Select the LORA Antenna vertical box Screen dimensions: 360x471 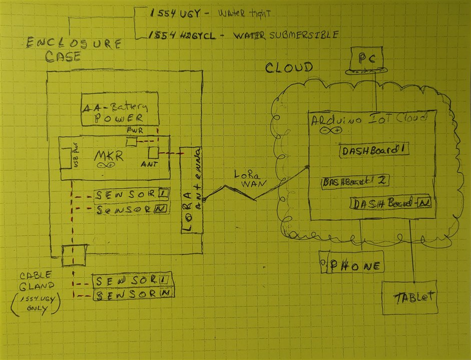pos(192,190)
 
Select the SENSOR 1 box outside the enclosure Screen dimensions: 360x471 pos(133,279)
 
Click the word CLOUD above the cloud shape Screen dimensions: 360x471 pos(289,68)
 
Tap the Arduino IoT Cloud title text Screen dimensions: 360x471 pos(369,120)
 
